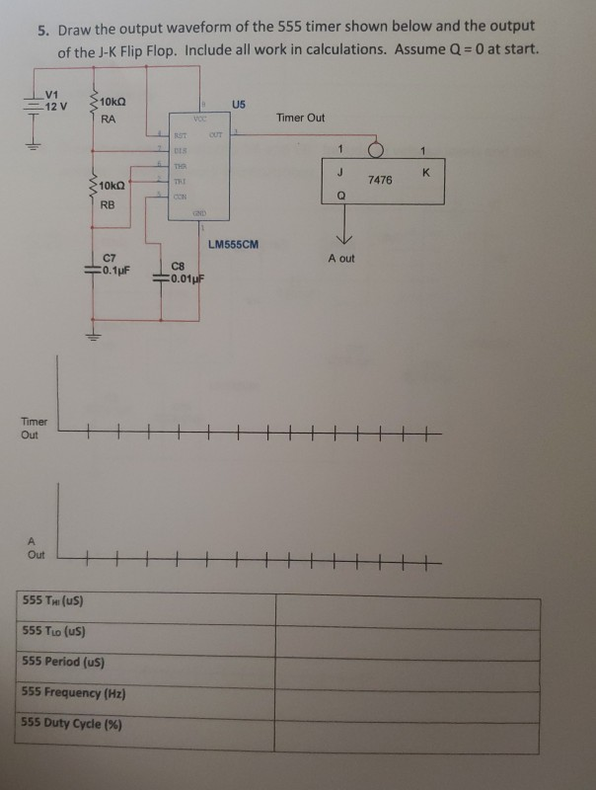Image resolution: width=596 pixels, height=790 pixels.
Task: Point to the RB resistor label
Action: tap(109, 205)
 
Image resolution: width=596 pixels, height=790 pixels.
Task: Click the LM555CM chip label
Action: tap(234, 243)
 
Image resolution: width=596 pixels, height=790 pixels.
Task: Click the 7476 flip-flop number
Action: tap(380, 181)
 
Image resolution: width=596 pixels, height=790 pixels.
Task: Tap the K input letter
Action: tap(423, 172)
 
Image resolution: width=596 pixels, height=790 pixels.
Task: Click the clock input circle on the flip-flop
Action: tap(374, 151)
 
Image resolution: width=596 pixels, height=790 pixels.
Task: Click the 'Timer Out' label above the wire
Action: tap(301, 118)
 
